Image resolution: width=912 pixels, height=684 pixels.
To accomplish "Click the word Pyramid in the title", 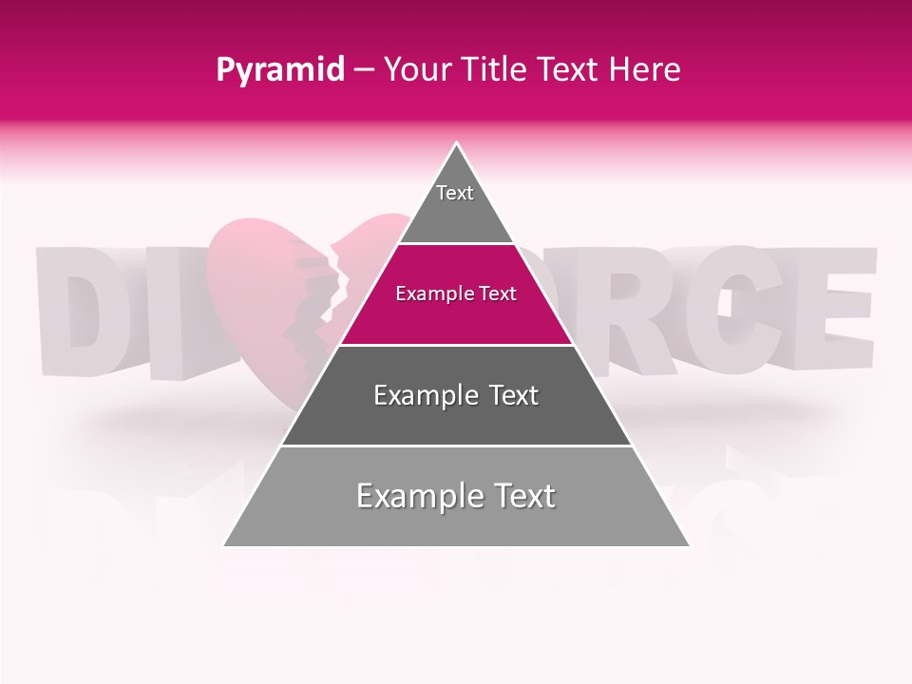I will pyautogui.click(x=279, y=70).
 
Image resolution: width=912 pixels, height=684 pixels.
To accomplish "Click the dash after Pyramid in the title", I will pyautogui.click(x=363, y=70).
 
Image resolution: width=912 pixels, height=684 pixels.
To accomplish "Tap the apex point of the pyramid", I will pyautogui.click(x=456, y=143).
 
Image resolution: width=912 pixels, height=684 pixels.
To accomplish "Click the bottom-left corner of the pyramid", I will pyautogui.click(x=225, y=545).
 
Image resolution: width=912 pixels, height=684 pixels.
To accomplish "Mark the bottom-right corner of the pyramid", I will pyautogui.click(x=688, y=545).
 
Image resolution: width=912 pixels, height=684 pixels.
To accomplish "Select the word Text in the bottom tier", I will pyautogui.click(x=520, y=496).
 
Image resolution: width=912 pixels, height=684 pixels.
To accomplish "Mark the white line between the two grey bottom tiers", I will pyautogui.click(x=456, y=446).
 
